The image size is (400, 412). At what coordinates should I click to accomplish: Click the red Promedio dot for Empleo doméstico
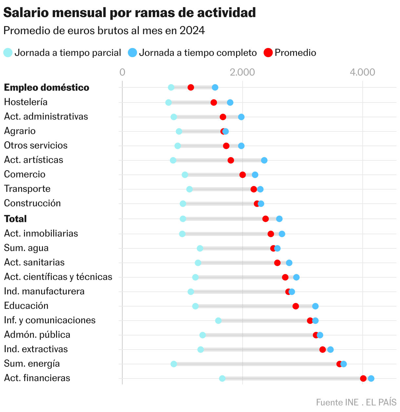pos(191,87)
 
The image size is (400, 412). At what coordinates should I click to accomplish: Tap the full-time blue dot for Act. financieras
pos(371,378)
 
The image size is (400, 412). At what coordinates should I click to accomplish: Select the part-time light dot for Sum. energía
pos(174,364)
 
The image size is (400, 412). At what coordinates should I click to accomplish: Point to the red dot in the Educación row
pos(296,306)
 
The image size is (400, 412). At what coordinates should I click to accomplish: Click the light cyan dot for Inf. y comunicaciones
pos(218,321)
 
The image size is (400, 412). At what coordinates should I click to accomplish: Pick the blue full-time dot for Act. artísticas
pos(264,160)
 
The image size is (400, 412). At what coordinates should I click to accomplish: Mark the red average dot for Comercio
pos(243,175)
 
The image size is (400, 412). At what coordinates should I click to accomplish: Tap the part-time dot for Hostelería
pos(169,103)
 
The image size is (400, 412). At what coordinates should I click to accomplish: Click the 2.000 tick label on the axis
pos(242,72)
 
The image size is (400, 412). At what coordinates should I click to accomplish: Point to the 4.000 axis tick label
pos(362,72)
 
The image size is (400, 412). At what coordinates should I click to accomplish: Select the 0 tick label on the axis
pos(122,72)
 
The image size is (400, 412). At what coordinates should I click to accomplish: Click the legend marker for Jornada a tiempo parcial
pos(8,53)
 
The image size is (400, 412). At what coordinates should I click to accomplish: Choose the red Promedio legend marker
pos(268,53)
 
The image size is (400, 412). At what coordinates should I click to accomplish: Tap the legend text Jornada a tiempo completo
pos(198,53)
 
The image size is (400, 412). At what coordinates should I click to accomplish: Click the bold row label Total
pos(15,219)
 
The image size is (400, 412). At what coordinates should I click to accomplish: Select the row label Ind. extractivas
pos(36,349)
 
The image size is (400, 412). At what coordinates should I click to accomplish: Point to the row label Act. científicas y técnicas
pos(58,277)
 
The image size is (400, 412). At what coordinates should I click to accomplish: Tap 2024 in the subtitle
pos(192,31)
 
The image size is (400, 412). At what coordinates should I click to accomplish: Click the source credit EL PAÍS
pos(381,402)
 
